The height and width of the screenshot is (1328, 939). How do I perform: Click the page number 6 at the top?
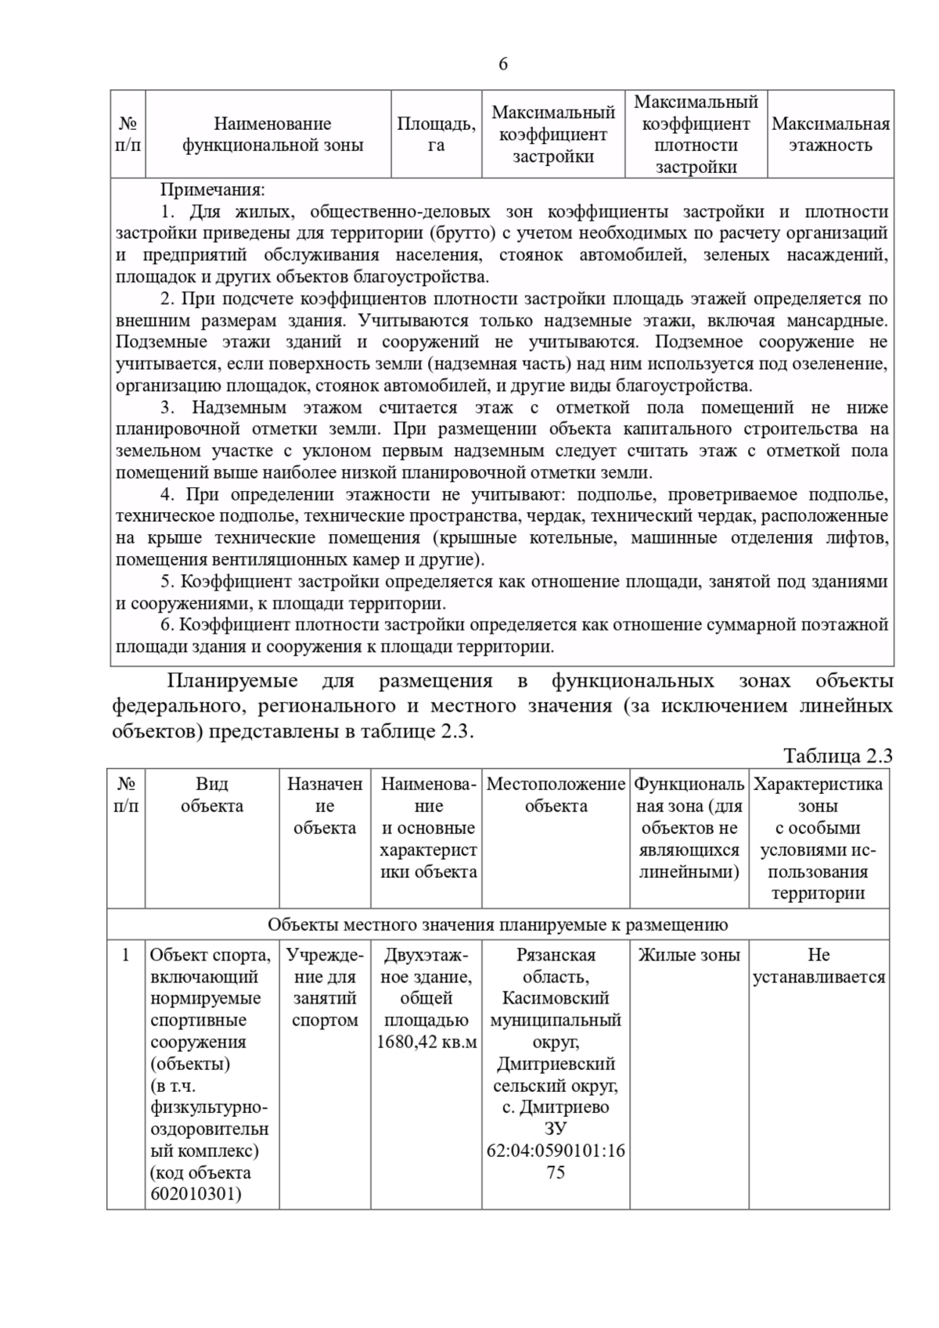point(502,64)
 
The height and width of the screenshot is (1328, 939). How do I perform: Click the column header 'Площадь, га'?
point(436,135)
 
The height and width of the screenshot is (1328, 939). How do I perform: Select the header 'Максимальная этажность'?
point(830,135)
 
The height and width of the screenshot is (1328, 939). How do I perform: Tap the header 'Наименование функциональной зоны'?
point(272,135)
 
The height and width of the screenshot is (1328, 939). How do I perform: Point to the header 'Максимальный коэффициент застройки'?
point(553,135)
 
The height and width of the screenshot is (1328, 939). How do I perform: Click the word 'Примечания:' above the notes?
point(213,189)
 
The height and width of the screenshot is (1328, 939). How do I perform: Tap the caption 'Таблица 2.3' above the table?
point(837,756)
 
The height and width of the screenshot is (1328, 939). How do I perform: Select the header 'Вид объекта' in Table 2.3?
point(212,795)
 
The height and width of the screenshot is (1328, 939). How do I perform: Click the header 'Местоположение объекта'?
point(556,795)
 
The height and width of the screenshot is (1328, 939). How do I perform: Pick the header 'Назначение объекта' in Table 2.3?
point(325,806)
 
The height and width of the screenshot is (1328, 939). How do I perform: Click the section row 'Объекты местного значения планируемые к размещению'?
point(498,924)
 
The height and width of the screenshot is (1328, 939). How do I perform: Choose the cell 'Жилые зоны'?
point(689,955)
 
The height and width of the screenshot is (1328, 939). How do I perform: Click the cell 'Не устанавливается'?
point(818,966)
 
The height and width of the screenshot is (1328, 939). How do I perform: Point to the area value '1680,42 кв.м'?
point(426,1042)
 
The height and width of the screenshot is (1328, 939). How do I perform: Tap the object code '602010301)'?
point(196,1194)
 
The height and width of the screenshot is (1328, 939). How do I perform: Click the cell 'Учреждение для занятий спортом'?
point(325,987)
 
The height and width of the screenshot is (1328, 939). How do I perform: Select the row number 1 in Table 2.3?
point(125,955)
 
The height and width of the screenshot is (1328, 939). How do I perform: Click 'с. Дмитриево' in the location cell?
point(556,1107)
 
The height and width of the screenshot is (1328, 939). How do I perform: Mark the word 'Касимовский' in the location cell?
point(556,998)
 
